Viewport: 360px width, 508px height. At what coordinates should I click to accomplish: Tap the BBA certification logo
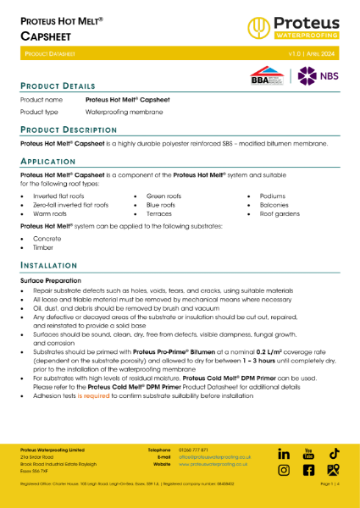pos(263,76)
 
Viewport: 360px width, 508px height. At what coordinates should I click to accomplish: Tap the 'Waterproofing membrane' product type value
pos(118,112)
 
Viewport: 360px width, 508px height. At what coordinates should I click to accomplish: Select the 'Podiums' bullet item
pos(274,196)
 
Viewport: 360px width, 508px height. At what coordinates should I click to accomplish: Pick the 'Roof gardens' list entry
pos(280,214)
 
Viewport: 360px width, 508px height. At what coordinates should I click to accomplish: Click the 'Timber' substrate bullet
pos(42,249)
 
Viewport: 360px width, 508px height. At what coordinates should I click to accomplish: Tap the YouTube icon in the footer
pos(308,455)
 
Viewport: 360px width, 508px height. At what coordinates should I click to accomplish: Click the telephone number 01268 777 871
pos(194,449)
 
